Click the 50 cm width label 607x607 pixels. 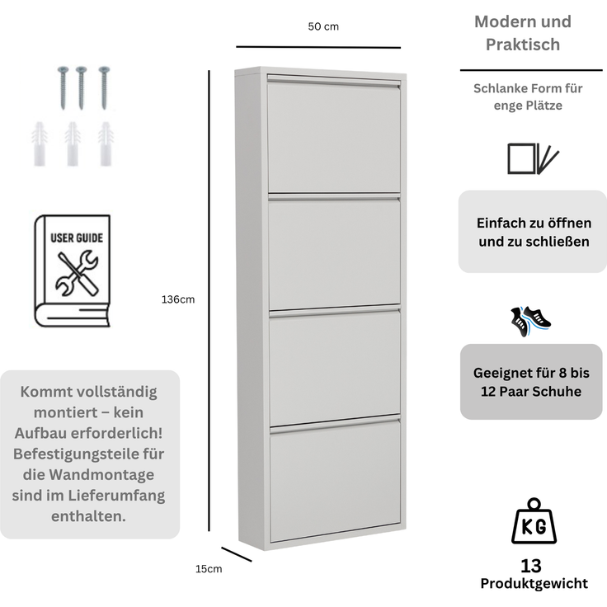[x=323, y=26]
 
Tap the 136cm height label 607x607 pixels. [x=178, y=299]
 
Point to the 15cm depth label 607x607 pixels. [x=209, y=569]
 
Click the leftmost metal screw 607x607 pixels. [x=64, y=87]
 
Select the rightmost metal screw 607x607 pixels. [x=104, y=87]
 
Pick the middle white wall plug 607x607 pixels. [x=73, y=144]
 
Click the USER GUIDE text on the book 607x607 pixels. [x=77, y=238]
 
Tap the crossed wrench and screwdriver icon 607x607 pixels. [x=77, y=273]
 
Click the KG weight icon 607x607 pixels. [x=534, y=521]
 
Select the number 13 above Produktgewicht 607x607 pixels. [x=531, y=566]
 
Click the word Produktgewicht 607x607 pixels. [x=534, y=583]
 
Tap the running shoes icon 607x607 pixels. [x=530, y=322]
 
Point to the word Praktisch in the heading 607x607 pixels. [x=523, y=45]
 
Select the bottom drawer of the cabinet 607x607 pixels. [x=335, y=480]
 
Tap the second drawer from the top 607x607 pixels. [x=335, y=252]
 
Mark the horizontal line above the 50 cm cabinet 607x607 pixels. [x=318, y=47]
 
